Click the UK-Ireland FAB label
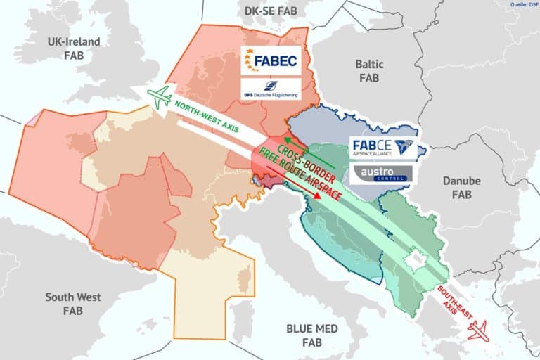point(73,48)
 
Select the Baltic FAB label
point(368,70)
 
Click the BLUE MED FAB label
point(312,335)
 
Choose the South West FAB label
point(73,303)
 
